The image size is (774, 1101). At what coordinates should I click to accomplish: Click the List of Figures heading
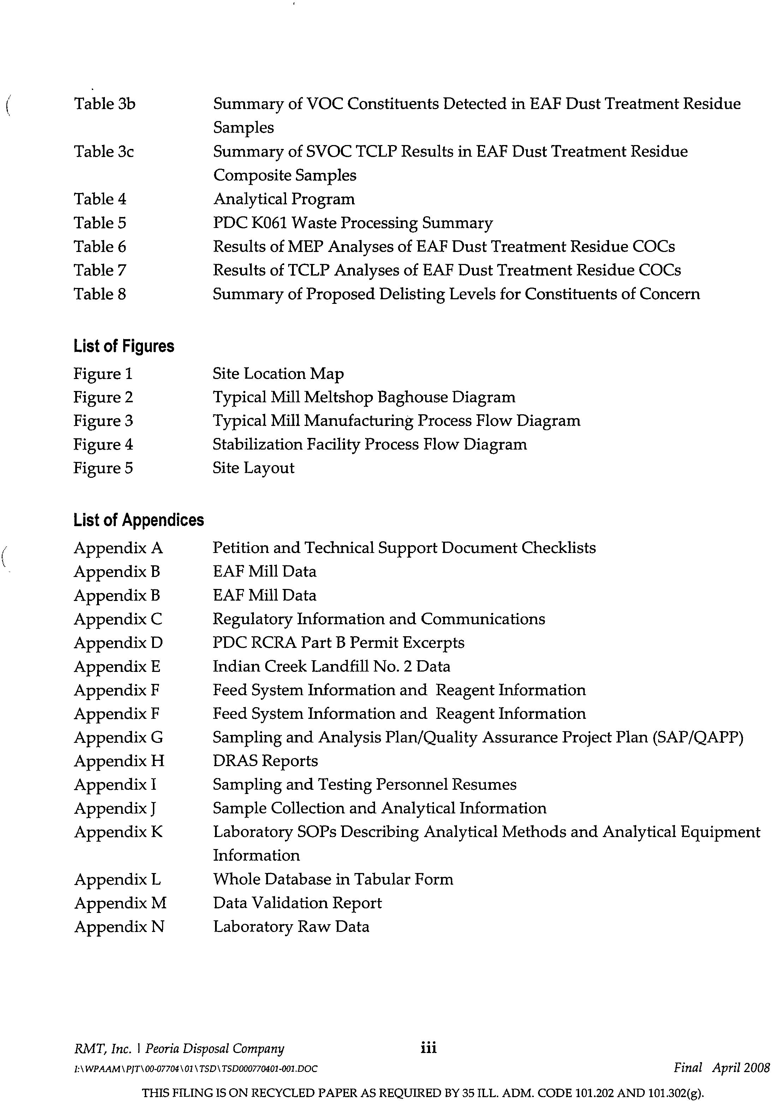coord(124,346)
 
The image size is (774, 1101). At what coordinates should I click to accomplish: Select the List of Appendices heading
coord(139,520)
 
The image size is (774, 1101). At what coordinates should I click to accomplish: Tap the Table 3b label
coord(105,104)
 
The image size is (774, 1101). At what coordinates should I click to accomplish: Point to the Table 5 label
coord(100,223)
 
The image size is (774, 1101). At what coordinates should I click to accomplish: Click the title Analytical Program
coord(284,199)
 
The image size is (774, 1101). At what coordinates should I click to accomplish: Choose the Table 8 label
coord(100,294)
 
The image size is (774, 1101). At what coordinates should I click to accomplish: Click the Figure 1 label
coord(103,374)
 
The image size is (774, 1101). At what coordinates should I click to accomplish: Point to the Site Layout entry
coord(254,468)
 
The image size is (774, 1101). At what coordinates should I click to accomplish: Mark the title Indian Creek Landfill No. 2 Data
coord(332,667)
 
